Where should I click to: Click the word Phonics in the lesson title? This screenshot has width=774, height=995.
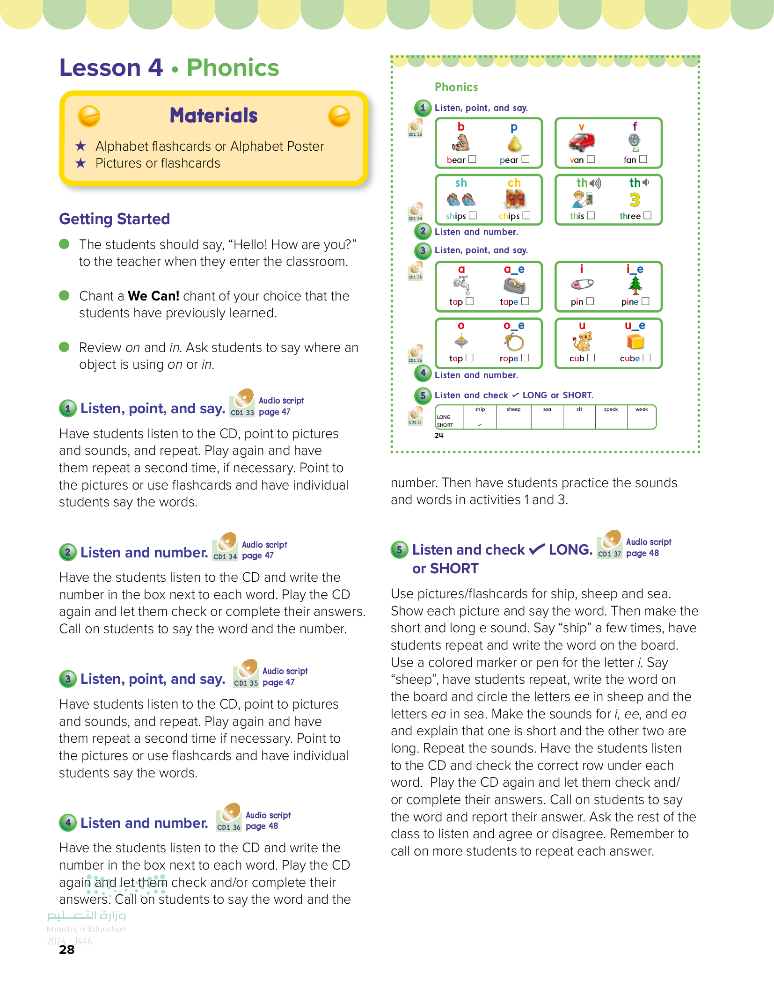(233, 68)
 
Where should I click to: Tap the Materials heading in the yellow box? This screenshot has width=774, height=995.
(213, 116)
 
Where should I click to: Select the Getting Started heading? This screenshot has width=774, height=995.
(114, 219)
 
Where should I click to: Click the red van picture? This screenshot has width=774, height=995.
(581, 142)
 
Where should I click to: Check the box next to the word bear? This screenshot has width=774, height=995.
(473, 159)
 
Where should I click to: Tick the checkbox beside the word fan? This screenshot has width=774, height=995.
(643, 159)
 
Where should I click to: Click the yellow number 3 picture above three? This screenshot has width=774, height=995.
(635, 200)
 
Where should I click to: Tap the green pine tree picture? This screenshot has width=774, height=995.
(635, 285)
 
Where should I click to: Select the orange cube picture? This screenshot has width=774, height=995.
(635, 342)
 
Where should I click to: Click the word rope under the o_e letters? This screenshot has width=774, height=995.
(509, 358)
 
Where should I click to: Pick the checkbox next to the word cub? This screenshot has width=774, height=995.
(591, 358)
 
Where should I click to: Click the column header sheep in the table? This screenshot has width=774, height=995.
(513, 410)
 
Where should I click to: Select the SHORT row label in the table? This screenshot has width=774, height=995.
(445, 425)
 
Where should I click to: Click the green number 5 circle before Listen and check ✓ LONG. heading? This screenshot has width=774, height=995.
(399, 549)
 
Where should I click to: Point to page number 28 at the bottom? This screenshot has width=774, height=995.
(67, 950)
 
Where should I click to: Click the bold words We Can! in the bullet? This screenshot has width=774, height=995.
(153, 296)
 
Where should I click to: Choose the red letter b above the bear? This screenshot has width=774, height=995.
(461, 126)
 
